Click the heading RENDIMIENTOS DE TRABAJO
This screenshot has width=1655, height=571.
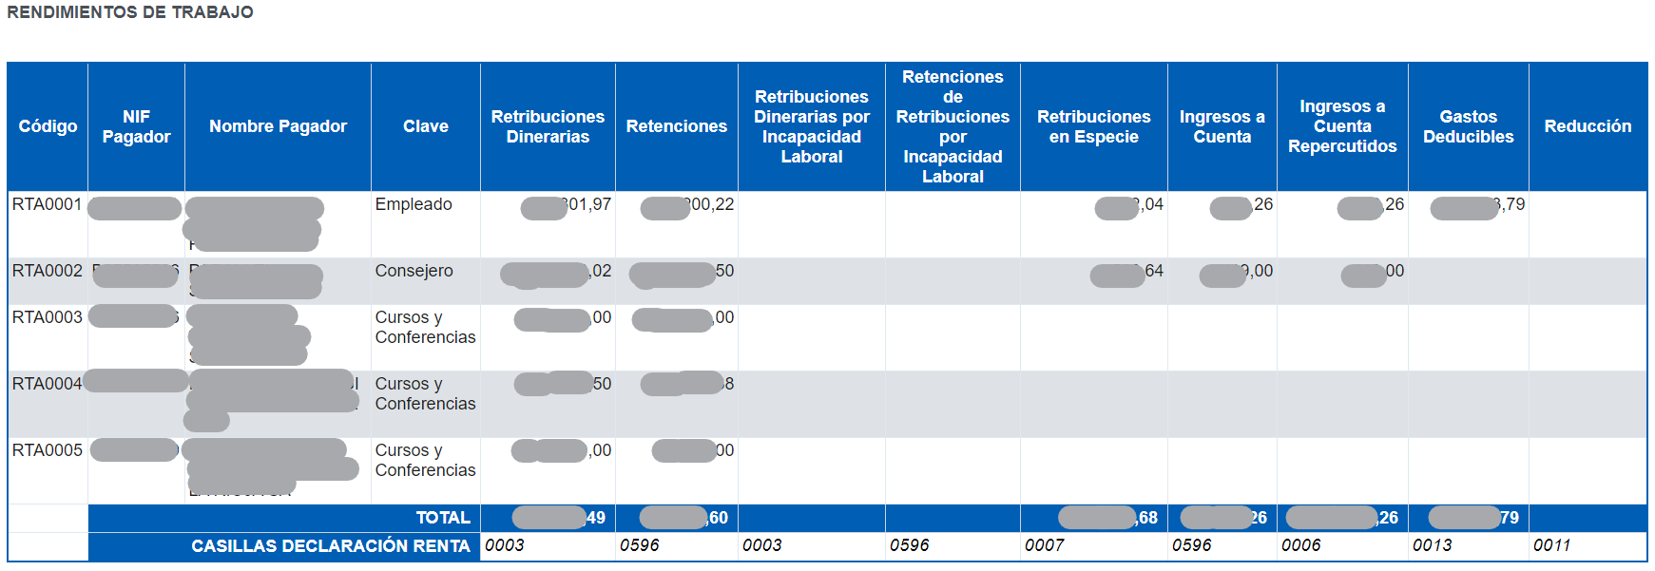click(130, 12)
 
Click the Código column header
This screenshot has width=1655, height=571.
click(48, 126)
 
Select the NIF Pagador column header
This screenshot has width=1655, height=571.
click(136, 126)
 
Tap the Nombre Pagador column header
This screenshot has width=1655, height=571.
click(278, 126)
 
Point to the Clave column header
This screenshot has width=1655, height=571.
click(425, 126)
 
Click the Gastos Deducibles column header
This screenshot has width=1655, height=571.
click(1468, 126)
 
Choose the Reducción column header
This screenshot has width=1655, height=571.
click(1587, 126)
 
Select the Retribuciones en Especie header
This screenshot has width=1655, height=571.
click(1093, 126)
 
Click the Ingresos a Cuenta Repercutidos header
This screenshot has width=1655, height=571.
click(1341, 126)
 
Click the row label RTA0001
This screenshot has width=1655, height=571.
click(47, 204)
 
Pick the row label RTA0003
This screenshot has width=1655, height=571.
click(47, 317)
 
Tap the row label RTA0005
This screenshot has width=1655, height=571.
click(47, 450)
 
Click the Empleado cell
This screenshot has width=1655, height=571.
click(414, 204)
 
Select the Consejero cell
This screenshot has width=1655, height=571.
click(414, 271)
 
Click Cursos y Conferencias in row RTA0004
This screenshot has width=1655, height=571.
click(425, 393)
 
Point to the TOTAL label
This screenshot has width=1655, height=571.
click(443, 518)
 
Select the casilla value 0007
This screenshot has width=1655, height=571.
click(1044, 545)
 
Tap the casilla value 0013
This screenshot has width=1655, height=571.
click(1432, 545)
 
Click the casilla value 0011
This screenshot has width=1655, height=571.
click(1551, 545)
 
